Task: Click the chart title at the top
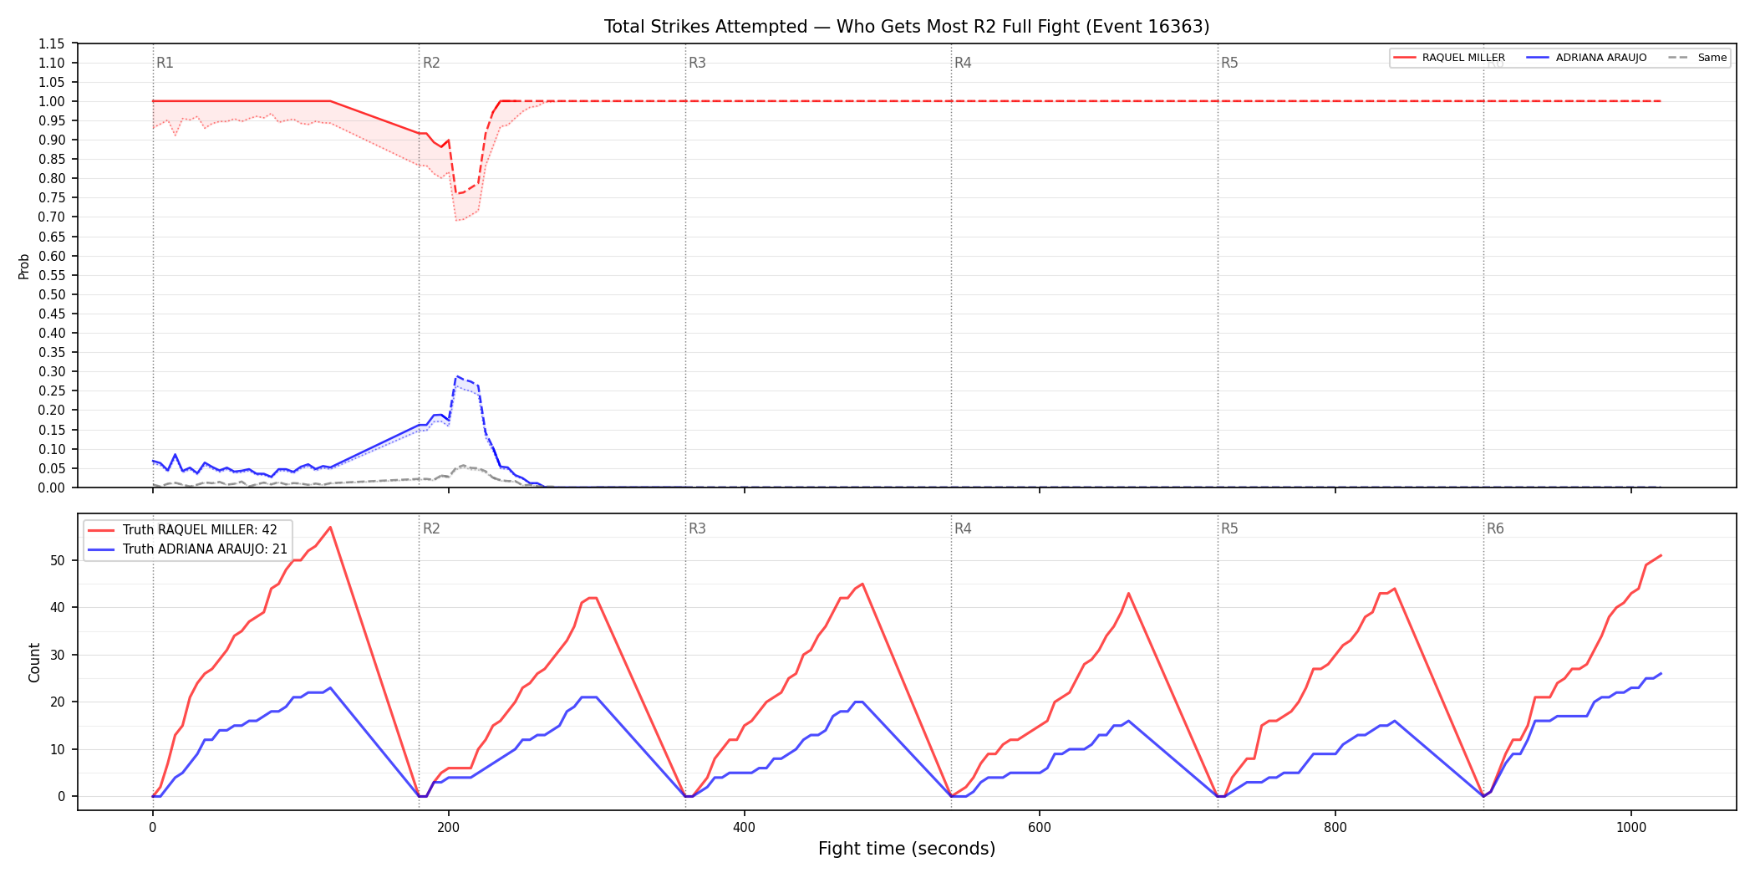point(907,27)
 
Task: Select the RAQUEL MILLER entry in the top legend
point(1463,58)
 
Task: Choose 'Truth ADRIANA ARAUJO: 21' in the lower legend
point(205,549)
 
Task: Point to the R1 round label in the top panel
point(165,63)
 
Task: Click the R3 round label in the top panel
point(697,63)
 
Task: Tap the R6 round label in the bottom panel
point(1495,528)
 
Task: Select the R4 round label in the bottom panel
point(963,528)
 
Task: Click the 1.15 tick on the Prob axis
point(52,43)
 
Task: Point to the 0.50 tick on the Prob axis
point(52,294)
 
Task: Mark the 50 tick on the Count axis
point(58,560)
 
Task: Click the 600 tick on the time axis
point(1040,828)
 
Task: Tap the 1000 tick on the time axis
point(1631,828)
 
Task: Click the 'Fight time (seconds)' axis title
point(907,849)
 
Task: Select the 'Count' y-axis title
point(34,662)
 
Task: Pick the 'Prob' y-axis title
point(24,266)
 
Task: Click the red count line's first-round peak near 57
point(330,527)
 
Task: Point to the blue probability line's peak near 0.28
point(456,377)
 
